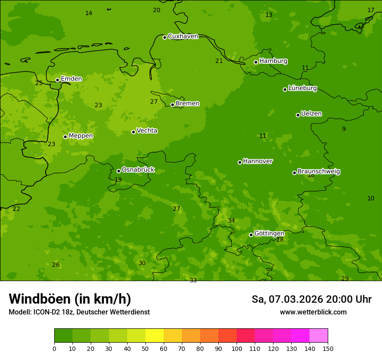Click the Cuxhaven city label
[183, 36]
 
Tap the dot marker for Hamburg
[256, 62]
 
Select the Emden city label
[71, 79]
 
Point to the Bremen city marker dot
[172, 105]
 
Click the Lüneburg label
[302, 88]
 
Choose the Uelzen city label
[311, 114]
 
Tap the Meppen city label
[81, 136]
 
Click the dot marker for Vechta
[133, 132]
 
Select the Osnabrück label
[138, 170]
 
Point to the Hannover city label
[257, 161]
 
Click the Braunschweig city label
[319, 172]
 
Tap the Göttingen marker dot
[251, 235]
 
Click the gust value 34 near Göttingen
[231, 221]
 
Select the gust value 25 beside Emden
[39, 83]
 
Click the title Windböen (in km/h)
[70, 299]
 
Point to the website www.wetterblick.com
[313, 312]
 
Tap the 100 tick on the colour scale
[237, 348]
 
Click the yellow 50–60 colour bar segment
[155, 335]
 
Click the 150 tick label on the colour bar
[328, 348]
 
